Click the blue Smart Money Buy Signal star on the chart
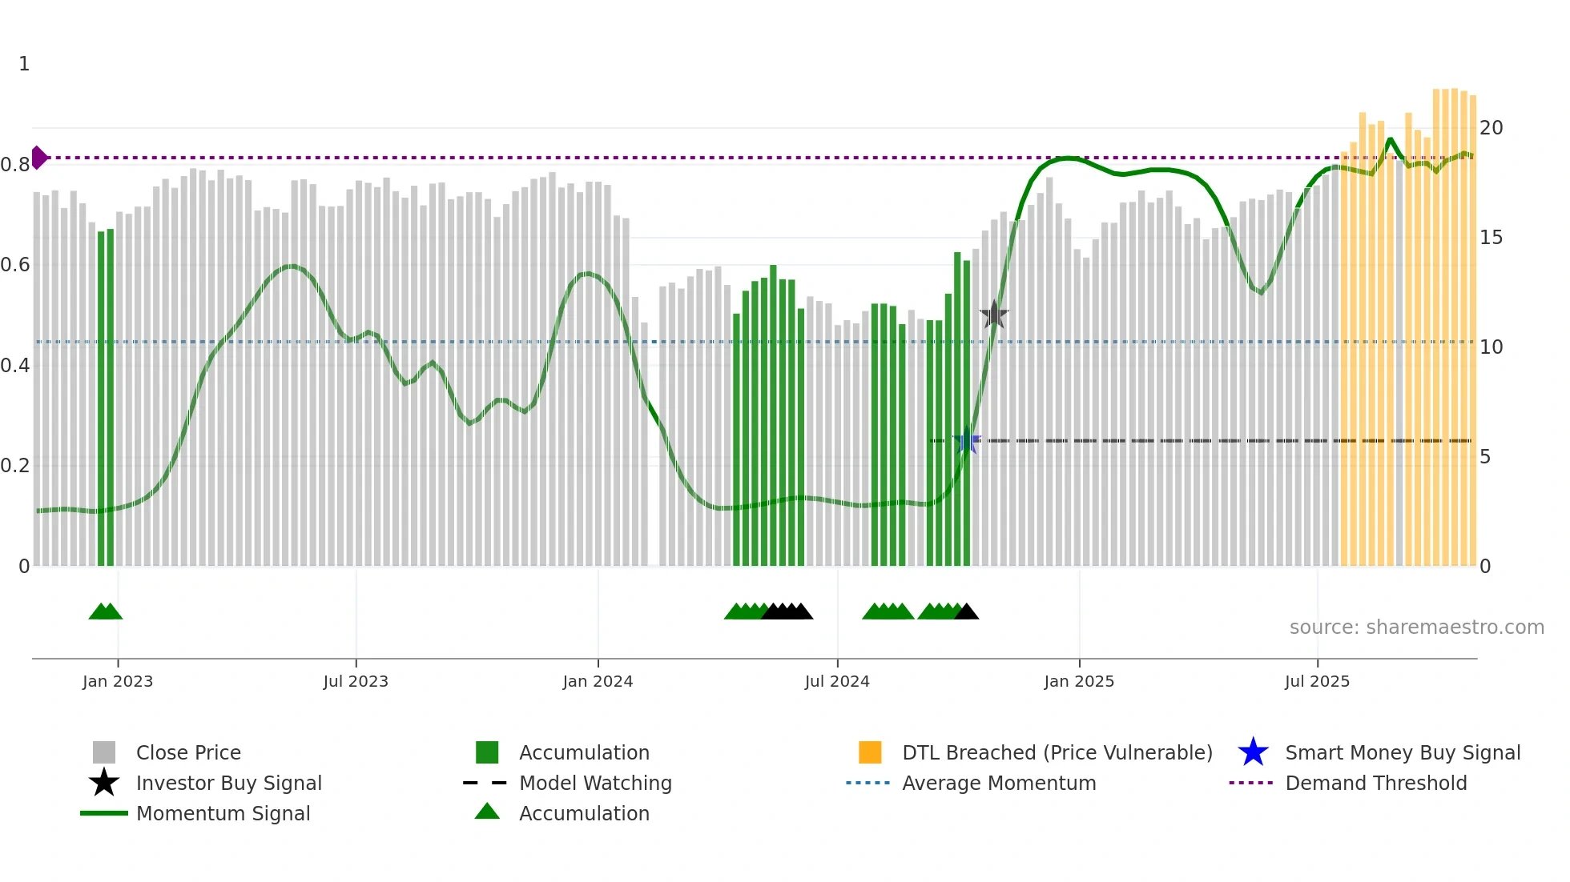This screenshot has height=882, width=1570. tap(967, 441)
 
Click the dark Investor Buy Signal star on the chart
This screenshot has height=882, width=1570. tap(994, 315)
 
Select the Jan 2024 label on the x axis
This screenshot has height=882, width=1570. tap(598, 681)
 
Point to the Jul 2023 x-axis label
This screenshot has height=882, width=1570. tap(356, 681)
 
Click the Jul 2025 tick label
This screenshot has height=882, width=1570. tap(1317, 681)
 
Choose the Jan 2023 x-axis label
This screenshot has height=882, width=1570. tap(118, 681)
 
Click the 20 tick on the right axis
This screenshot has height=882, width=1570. tap(1491, 128)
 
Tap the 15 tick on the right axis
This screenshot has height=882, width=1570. tap(1491, 238)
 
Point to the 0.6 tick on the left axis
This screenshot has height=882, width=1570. tap(15, 265)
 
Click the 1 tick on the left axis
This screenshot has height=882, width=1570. tap(24, 64)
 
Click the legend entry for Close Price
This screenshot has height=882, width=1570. tap(188, 752)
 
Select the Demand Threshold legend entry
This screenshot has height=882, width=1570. tap(1375, 783)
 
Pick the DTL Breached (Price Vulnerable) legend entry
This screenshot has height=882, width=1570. tap(1057, 752)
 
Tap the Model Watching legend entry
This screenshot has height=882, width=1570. tap(595, 783)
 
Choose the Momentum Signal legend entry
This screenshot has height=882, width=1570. tap(223, 813)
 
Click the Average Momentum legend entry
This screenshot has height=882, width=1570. tap(999, 783)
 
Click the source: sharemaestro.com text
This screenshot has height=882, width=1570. tap(1416, 627)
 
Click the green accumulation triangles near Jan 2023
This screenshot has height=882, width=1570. tap(106, 611)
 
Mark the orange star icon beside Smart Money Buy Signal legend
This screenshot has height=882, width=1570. tap(1253, 752)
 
